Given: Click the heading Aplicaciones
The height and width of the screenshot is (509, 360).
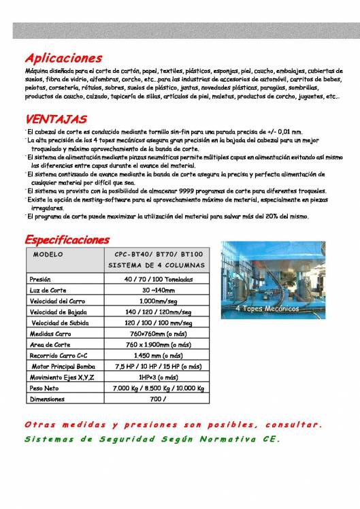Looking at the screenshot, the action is [x=63, y=58].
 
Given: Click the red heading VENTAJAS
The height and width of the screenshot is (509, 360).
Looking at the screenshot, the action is [x=56, y=119].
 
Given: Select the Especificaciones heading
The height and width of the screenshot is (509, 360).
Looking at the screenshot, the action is [x=67, y=240].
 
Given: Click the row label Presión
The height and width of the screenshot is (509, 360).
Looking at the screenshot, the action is [x=40, y=279].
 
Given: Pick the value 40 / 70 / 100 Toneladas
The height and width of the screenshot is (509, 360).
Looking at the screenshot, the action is [x=158, y=279].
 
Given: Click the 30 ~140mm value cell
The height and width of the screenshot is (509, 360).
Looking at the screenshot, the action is [x=158, y=290].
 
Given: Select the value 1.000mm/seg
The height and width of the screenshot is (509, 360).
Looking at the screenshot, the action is [x=158, y=301].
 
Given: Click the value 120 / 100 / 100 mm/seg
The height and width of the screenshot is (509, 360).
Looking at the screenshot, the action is [x=158, y=323].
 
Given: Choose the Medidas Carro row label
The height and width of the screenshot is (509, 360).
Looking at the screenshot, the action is [x=50, y=333].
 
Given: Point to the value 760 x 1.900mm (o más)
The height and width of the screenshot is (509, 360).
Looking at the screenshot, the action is [x=158, y=344].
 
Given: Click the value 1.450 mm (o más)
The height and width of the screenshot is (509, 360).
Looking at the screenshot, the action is [x=158, y=355].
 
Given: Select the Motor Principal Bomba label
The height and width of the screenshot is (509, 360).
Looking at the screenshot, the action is [x=61, y=366].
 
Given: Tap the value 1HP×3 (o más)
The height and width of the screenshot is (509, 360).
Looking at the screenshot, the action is [x=158, y=377].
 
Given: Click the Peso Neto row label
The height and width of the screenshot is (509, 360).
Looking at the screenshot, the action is [x=42, y=388].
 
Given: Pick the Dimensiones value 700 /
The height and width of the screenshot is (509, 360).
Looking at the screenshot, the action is [x=158, y=399].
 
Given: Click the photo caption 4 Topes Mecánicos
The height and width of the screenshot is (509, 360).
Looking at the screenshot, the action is [x=267, y=308].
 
